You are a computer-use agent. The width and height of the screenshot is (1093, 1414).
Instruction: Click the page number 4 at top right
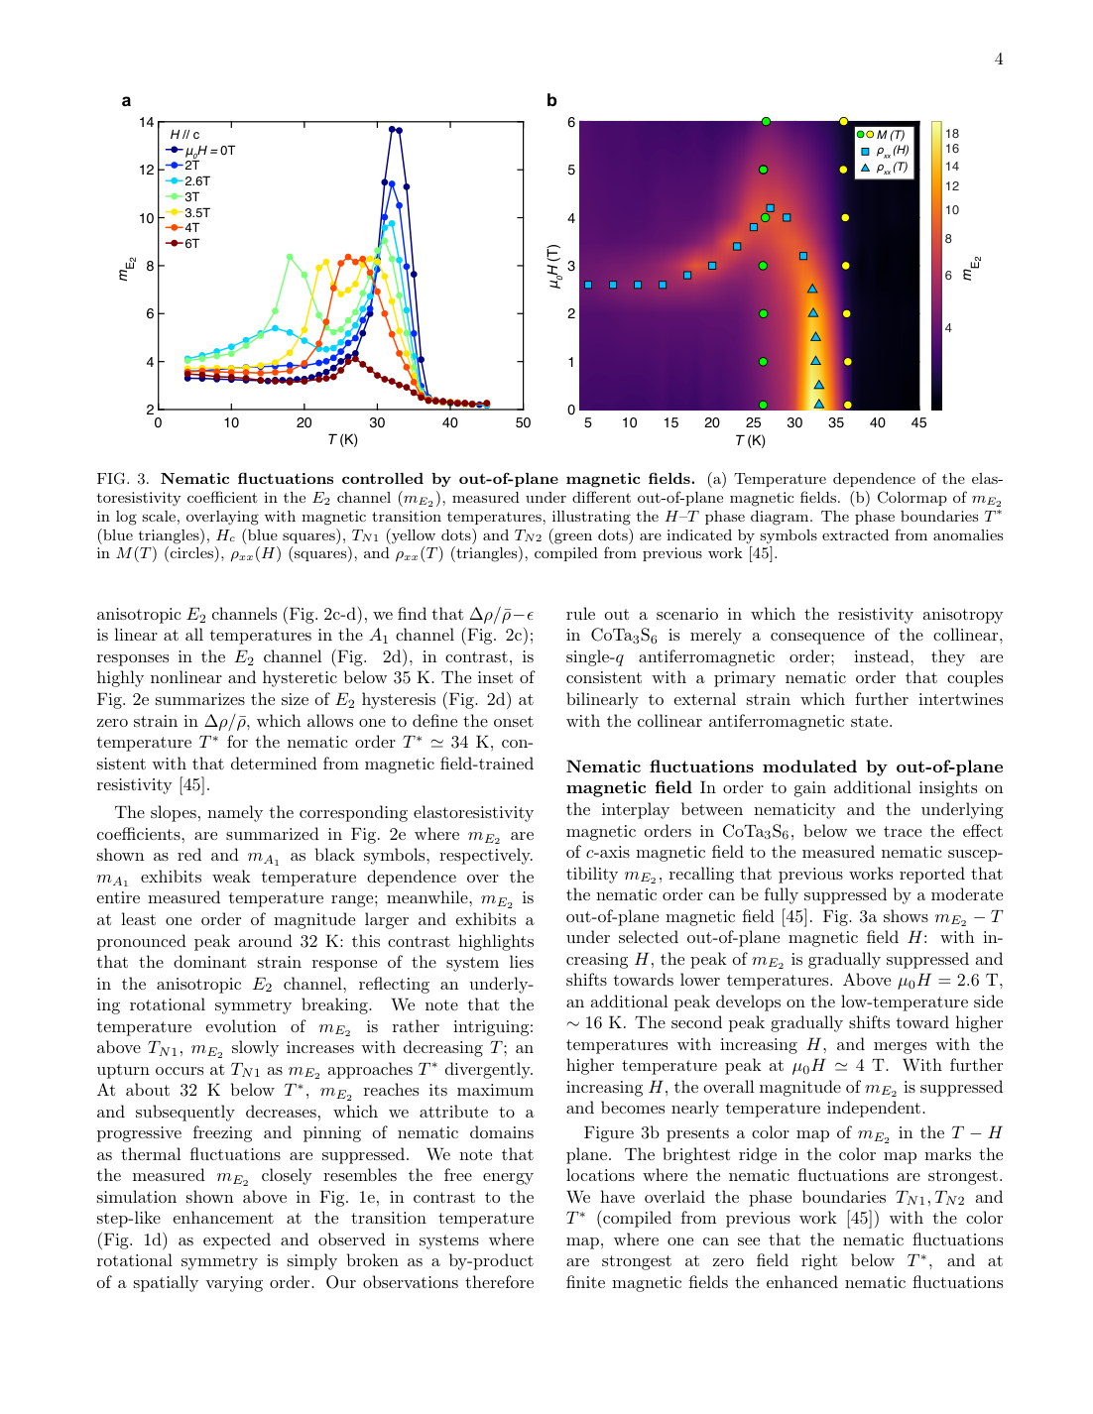tap(999, 59)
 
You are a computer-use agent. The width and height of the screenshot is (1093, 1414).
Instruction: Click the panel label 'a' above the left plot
tap(126, 100)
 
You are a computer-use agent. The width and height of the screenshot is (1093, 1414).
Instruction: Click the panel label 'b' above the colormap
tap(551, 100)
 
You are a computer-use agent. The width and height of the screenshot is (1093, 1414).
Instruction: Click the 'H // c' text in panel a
tap(184, 135)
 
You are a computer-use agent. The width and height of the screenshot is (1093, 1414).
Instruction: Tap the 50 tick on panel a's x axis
tap(523, 422)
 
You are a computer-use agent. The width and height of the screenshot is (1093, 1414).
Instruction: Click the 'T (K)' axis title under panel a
tap(342, 439)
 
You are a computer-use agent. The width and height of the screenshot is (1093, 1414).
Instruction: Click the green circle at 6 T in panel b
tap(766, 122)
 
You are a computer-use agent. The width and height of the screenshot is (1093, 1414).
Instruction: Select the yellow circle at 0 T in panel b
tap(847, 405)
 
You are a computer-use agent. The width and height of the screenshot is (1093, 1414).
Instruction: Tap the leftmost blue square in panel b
tap(588, 285)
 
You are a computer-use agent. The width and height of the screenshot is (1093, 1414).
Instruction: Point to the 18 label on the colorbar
tap(952, 134)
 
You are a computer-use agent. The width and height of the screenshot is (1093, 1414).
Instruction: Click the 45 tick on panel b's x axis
tap(918, 422)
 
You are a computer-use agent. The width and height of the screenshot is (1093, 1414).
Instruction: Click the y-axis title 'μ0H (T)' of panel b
tap(553, 267)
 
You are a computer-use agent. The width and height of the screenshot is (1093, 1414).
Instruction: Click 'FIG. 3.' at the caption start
tap(123, 479)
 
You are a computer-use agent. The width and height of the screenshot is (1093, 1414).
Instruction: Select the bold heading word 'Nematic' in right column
tap(604, 766)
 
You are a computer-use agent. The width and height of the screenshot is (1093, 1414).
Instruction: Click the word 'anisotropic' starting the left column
tap(139, 615)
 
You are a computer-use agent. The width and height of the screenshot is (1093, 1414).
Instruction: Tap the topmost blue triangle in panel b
tap(812, 289)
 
